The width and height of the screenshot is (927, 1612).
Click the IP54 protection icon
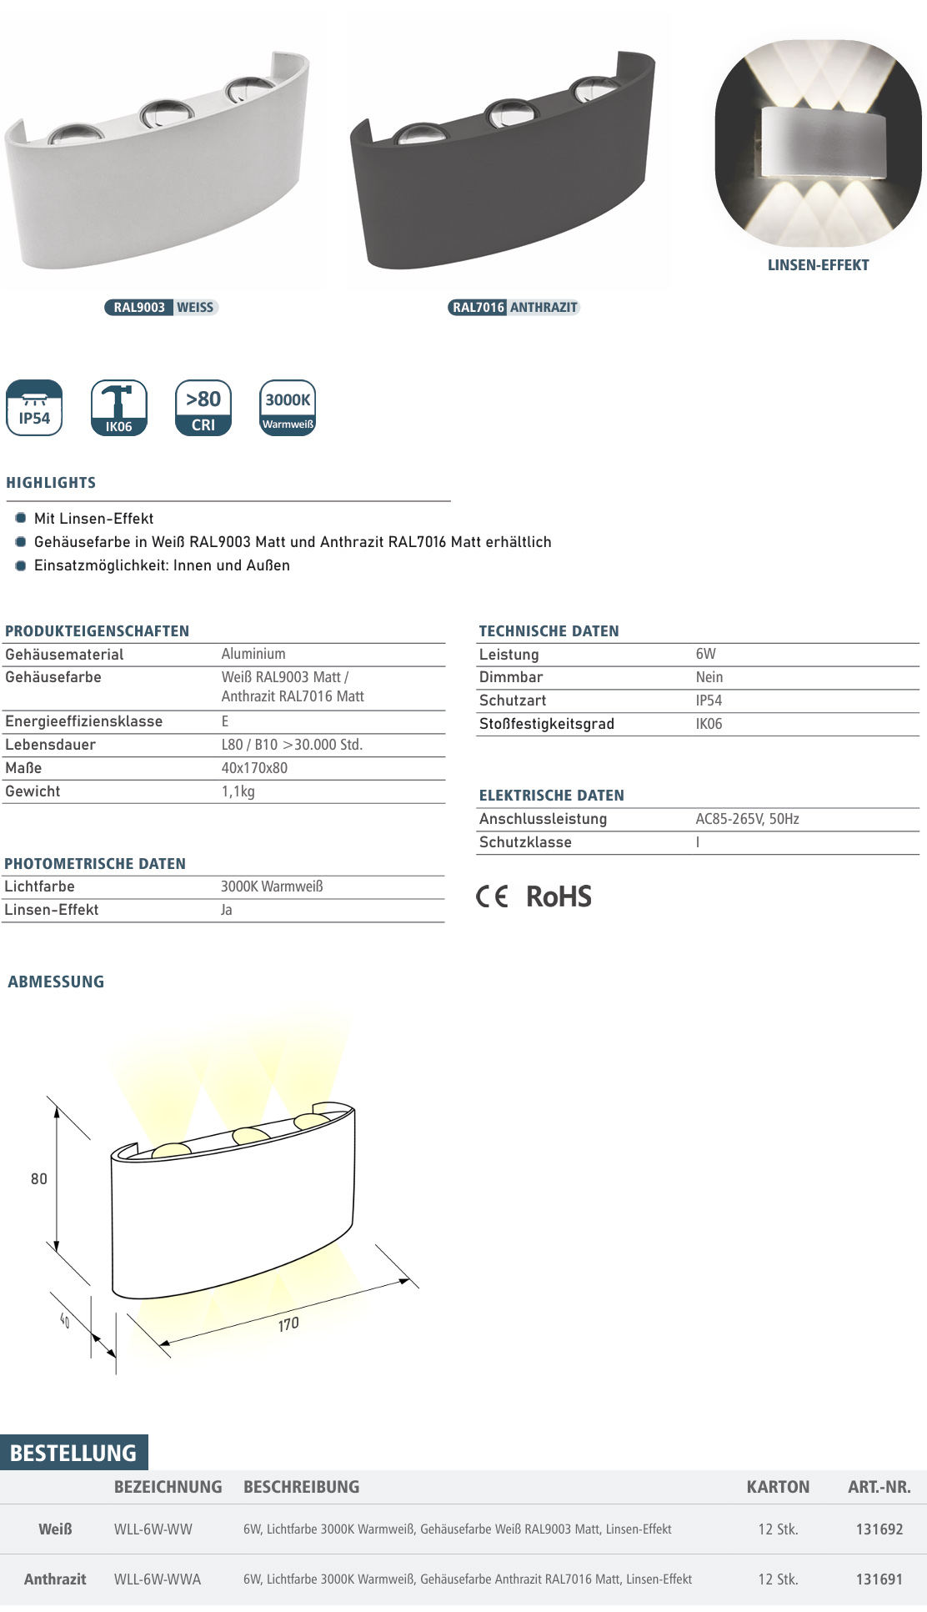(x=34, y=408)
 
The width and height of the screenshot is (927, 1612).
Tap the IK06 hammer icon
(x=118, y=408)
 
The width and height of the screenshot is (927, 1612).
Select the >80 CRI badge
(x=203, y=408)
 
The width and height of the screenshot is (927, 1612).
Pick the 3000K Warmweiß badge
(x=288, y=408)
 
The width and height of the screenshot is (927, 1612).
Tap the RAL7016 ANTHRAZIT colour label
(x=514, y=308)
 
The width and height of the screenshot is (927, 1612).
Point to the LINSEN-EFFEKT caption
(x=818, y=265)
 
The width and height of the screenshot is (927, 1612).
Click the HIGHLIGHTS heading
(x=51, y=483)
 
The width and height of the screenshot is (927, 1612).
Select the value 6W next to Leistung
(x=705, y=655)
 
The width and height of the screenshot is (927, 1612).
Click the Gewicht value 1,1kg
(x=238, y=791)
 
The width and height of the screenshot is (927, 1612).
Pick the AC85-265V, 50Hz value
(x=747, y=819)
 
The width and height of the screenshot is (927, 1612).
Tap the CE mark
(x=492, y=896)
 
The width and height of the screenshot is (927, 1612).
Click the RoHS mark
(x=559, y=896)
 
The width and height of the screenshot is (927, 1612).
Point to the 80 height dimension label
(x=39, y=1179)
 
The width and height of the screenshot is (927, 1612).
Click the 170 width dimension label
(x=288, y=1324)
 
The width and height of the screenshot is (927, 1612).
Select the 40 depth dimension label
(x=65, y=1320)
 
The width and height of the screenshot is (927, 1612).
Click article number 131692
(x=879, y=1529)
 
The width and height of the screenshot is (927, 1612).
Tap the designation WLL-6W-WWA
(x=158, y=1579)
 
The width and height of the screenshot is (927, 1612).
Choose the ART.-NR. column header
(x=879, y=1487)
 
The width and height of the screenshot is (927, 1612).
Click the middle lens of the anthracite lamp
(x=507, y=113)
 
